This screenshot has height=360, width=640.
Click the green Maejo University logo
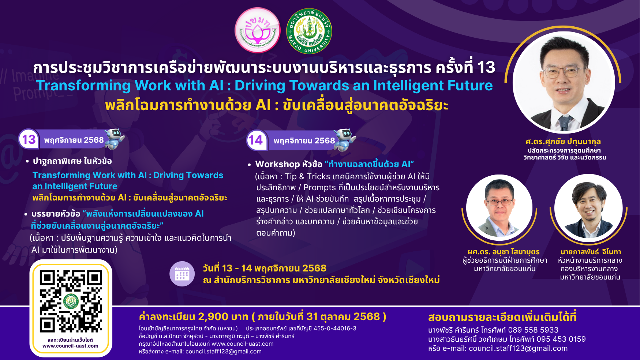(309, 31)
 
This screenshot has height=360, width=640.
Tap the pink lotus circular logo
(258, 30)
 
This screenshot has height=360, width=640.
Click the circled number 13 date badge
(29, 139)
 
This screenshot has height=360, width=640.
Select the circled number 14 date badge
(256, 140)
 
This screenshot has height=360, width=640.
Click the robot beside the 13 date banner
(114, 138)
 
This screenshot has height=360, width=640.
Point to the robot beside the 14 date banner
(345, 140)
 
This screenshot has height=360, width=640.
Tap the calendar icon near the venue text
(182, 274)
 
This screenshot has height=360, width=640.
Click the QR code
(71, 301)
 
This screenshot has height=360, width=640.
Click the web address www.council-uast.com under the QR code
(70, 346)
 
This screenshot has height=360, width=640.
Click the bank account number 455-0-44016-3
(335, 329)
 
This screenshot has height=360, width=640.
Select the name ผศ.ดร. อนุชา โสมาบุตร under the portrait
(504, 252)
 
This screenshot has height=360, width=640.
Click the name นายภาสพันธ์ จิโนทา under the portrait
(591, 252)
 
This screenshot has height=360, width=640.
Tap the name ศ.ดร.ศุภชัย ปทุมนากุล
(563, 142)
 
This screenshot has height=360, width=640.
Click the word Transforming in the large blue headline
(83, 86)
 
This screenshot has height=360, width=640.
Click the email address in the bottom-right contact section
(518, 349)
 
